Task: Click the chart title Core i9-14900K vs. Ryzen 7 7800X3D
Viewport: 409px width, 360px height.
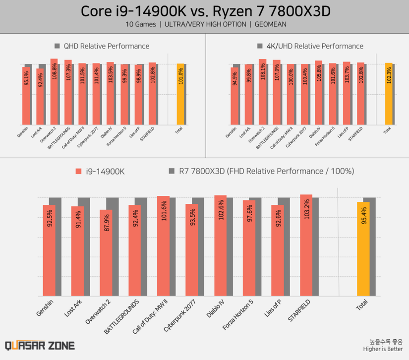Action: tap(204, 10)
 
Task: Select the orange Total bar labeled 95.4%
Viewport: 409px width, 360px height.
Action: tap(363, 248)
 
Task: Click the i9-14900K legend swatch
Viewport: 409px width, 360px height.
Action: tap(78, 171)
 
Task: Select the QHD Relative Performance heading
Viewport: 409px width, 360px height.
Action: tap(106, 46)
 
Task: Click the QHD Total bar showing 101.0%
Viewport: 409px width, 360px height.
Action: tap(180, 94)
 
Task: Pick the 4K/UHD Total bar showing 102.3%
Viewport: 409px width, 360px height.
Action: tap(389, 94)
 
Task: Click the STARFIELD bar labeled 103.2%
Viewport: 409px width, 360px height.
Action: tap(306, 245)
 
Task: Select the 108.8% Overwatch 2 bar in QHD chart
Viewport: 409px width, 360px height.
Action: tap(54, 92)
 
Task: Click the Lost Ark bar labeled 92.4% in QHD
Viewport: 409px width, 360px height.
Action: tap(40, 97)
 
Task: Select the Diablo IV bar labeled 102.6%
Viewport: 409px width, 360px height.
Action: tap(220, 245)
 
